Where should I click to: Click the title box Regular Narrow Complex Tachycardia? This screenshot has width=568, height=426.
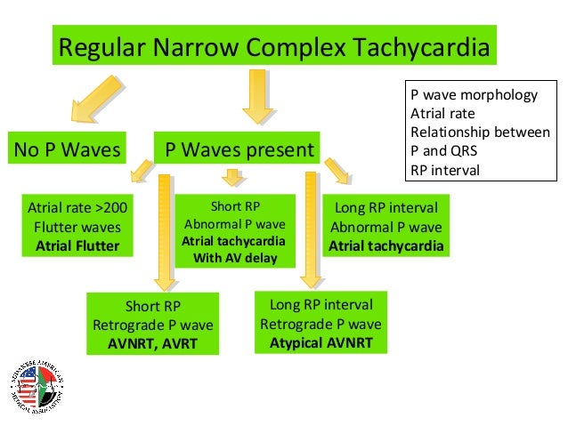coord(273,47)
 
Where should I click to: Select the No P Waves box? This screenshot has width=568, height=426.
coord(67,149)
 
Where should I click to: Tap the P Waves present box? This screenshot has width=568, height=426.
coord(239,149)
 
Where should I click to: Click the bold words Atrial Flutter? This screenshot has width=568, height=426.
coord(77,245)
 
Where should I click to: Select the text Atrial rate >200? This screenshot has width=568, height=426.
coord(77,208)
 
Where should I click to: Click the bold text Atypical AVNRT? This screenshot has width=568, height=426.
coord(321,341)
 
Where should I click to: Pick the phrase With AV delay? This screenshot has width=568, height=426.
coord(234,259)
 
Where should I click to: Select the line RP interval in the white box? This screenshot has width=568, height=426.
coord(445,170)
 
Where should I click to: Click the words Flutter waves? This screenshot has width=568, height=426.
coord(77,227)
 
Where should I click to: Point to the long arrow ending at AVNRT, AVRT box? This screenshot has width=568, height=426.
coord(164,231)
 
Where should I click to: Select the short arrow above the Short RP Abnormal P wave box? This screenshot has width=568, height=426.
coord(233,179)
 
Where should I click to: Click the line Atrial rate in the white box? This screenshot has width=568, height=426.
coord(442,114)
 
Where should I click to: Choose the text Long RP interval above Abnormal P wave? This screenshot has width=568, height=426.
coord(385,208)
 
